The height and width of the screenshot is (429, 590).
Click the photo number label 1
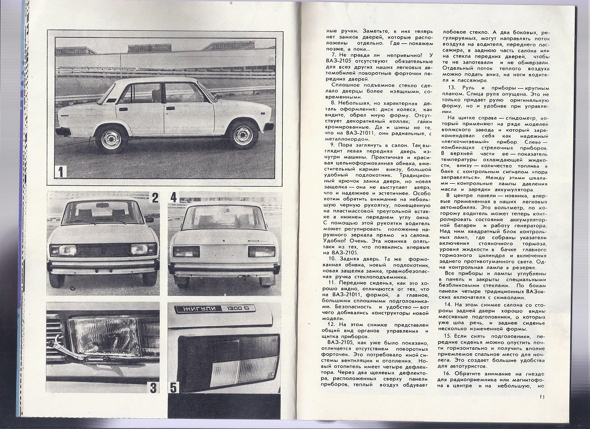click(x=61, y=171)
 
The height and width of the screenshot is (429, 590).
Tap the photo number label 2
click(x=155, y=197)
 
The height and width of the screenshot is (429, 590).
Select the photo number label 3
click(x=153, y=388)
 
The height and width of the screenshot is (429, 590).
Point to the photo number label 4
click(x=174, y=197)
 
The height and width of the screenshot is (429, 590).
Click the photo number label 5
click(x=174, y=388)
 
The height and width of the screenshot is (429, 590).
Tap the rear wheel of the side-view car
click(x=111, y=139)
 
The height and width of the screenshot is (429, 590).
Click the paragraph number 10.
click(x=333, y=258)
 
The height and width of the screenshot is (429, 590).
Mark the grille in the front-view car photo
click(x=103, y=250)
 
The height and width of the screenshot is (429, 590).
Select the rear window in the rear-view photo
click(x=224, y=217)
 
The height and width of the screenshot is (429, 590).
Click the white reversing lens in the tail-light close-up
click(x=242, y=371)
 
